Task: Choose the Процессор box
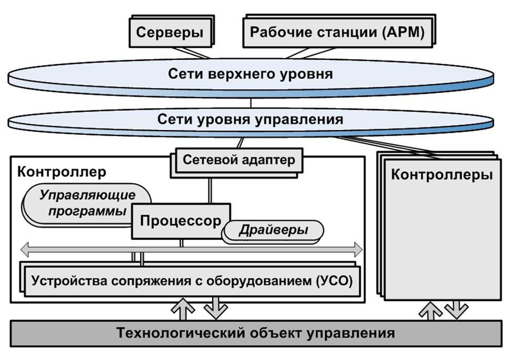click(x=180, y=221)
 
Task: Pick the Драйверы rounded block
click(x=274, y=230)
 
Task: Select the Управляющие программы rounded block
click(x=87, y=203)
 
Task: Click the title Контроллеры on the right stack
click(x=441, y=175)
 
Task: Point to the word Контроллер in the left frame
click(x=61, y=172)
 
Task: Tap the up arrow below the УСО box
click(x=183, y=309)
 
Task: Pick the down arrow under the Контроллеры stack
click(x=454, y=309)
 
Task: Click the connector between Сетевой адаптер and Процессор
click(x=210, y=189)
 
